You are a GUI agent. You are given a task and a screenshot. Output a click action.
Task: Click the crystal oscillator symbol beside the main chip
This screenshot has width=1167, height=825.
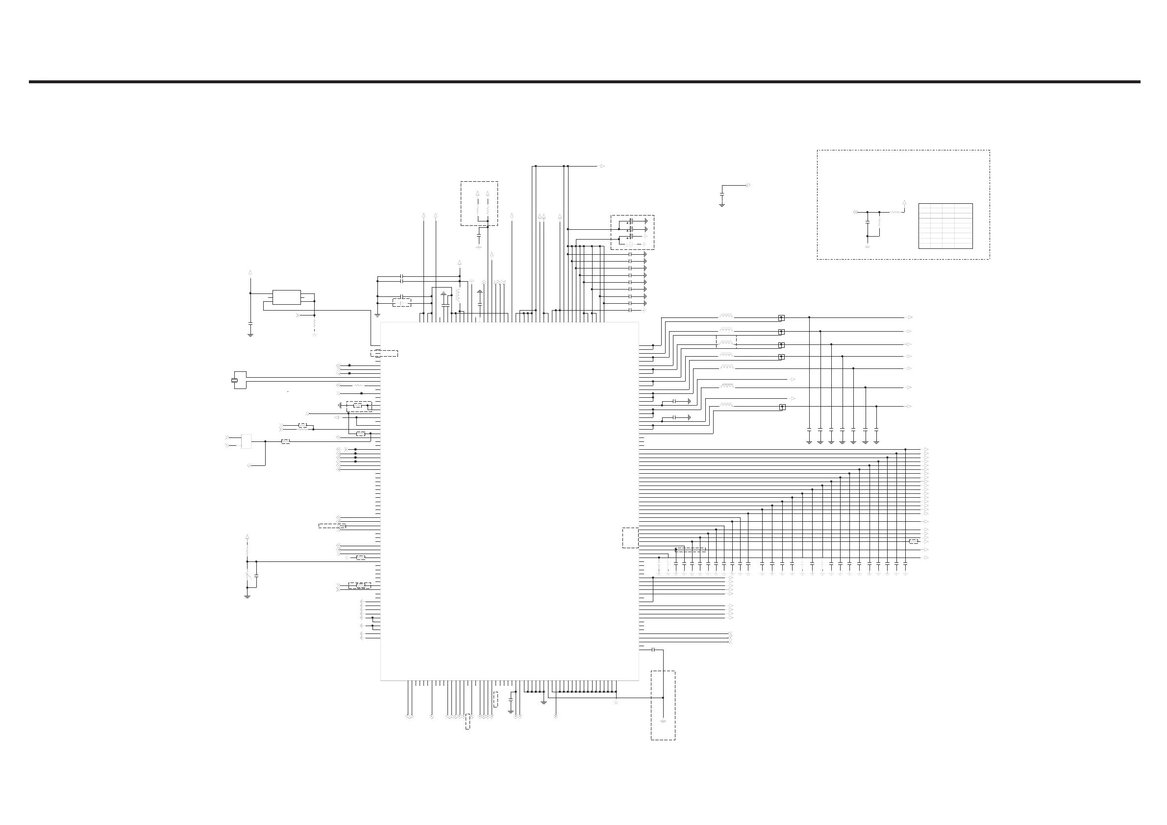(235, 380)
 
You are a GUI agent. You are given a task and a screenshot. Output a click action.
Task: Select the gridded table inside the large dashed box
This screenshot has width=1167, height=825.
(945, 226)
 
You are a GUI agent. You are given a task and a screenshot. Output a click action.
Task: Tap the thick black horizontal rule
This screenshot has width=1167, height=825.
(585, 81)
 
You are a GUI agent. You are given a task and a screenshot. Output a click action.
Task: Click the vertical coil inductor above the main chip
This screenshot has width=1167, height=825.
(458, 295)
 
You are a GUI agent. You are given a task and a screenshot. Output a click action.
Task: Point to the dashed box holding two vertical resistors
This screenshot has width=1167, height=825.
(479, 203)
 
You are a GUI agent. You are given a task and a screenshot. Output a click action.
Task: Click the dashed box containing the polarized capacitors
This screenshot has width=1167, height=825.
(632, 232)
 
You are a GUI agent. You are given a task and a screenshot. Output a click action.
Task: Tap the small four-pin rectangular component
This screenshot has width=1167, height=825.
(287, 297)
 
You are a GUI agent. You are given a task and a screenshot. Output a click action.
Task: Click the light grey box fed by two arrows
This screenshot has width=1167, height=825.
(247, 441)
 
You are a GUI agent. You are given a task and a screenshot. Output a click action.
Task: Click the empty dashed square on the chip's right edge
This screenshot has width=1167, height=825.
(630, 537)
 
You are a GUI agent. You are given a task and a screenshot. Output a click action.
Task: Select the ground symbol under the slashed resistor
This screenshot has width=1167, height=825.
(248, 596)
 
